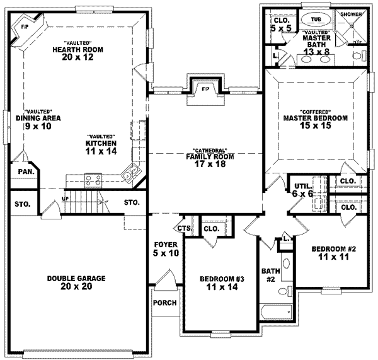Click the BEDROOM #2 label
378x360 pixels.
(x=334, y=254)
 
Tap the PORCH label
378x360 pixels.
(x=164, y=303)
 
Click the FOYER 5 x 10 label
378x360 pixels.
(x=166, y=248)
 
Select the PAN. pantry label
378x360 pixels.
(x=26, y=171)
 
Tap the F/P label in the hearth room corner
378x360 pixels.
(x=25, y=28)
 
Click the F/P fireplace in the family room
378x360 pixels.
(x=205, y=89)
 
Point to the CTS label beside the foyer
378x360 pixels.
(x=184, y=228)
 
